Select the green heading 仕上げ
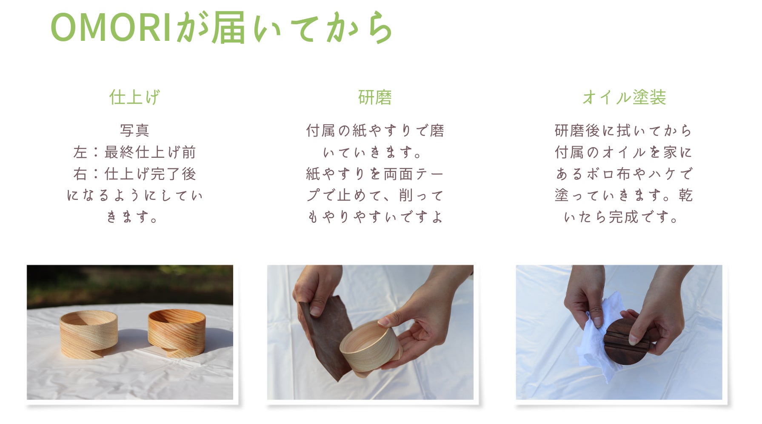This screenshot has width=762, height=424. point(134,97)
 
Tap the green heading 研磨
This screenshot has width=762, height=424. point(375,97)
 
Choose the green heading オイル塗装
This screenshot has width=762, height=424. point(624,97)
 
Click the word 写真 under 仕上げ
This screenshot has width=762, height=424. point(134,130)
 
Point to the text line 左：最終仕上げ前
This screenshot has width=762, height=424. point(134,152)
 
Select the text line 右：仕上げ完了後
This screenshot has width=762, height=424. point(134,174)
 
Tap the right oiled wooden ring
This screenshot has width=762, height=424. point(177,332)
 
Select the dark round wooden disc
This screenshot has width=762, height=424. point(626,341)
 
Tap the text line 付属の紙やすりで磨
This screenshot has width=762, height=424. point(375,130)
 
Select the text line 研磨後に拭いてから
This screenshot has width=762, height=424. point(624,130)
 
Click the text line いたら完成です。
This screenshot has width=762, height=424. point(621,217)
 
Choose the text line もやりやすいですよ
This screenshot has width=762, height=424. point(375,217)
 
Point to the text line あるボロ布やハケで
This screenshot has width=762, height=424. point(624,174)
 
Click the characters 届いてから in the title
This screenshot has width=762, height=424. point(302,28)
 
